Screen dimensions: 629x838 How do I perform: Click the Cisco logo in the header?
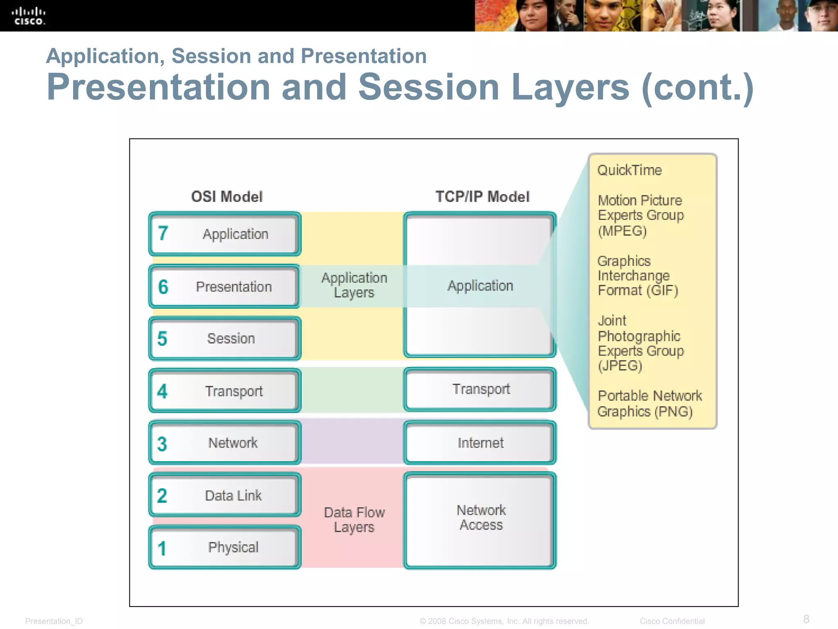pyautogui.click(x=28, y=16)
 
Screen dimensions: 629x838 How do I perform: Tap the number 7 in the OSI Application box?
pyautogui.click(x=163, y=233)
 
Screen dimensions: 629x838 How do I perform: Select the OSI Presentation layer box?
pyautogui.click(x=224, y=287)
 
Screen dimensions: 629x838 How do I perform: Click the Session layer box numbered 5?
pyautogui.click(x=224, y=339)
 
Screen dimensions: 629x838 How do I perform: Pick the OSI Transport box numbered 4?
pyautogui.click(x=224, y=391)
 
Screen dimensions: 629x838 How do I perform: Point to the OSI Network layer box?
pyautogui.click(x=224, y=443)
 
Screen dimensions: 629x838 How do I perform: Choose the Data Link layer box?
pyautogui.click(x=224, y=496)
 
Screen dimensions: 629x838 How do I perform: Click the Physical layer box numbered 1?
pyautogui.click(x=224, y=548)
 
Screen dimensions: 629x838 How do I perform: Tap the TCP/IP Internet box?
pyautogui.click(x=480, y=443)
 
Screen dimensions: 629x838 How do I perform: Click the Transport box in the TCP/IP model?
pyautogui.click(x=480, y=389)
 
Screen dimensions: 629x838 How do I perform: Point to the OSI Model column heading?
pyautogui.click(x=227, y=197)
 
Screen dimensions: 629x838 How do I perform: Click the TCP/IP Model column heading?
pyautogui.click(x=482, y=197)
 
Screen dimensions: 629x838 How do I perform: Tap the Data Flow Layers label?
pyautogui.click(x=354, y=520)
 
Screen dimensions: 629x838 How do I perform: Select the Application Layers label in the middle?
pyautogui.click(x=354, y=285)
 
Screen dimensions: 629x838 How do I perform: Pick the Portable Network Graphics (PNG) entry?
pyautogui.click(x=649, y=404)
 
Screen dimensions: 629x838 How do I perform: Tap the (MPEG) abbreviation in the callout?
pyautogui.click(x=622, y=231)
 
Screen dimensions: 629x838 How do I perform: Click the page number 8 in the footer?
pyautogui.click(x=806, y=619)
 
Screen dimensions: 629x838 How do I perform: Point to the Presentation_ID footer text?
pyautogui.click(x=54, y=621)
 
